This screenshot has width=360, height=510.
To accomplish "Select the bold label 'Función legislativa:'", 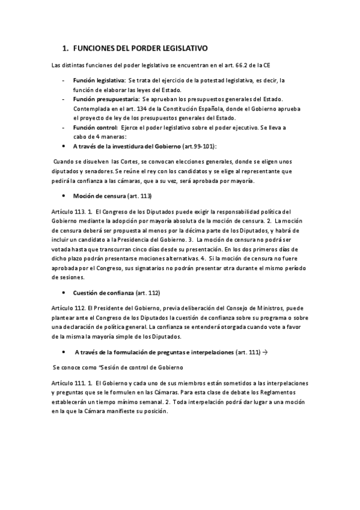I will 99,80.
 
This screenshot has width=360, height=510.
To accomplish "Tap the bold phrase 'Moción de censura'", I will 99,195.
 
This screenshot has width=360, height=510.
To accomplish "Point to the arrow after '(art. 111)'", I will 266,351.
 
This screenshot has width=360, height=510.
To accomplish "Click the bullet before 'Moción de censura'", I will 64,196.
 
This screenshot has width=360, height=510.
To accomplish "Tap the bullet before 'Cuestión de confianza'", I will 64,293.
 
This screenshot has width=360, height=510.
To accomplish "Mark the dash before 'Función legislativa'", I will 64,80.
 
